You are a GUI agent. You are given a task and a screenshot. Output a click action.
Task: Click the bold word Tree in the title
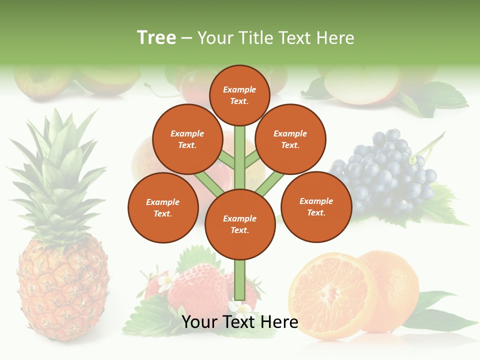click(156, 37)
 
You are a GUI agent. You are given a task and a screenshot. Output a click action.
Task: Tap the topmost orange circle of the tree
click(239, 95)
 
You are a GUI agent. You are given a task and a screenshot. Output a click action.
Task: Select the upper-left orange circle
click(187, 139)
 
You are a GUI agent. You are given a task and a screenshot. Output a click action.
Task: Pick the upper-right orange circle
click(290, 139)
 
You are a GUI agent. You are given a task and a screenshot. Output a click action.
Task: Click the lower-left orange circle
click(162, 207)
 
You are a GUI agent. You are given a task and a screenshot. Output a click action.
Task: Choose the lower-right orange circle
click(316, 206)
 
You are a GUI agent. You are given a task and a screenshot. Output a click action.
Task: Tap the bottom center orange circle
click(239, 224)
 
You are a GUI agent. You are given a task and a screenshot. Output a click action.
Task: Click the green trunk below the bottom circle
click(239, 280)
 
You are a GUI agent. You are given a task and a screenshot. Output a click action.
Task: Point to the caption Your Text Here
click(239, 322)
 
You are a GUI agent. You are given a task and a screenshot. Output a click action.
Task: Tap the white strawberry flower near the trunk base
click(235, 306)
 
